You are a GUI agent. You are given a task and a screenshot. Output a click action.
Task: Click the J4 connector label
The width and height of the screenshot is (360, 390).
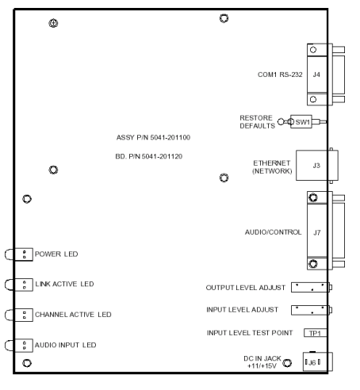click(x=316, y=75)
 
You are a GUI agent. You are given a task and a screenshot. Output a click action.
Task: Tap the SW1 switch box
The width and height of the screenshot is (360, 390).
click(x=301, y=122)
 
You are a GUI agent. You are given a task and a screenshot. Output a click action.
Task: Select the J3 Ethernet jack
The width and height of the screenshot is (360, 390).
click(x=317, y=166)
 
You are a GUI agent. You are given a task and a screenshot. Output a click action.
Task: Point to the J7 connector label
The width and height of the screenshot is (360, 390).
click(x=317, y=232)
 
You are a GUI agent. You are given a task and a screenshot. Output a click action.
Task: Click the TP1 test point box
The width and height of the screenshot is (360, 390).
click(x=316, y=333)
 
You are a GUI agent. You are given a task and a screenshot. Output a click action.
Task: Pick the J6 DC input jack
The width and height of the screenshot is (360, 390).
click(x=317, y=361)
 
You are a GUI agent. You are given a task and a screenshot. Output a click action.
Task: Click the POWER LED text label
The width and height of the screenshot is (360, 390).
click(x=56, y=254)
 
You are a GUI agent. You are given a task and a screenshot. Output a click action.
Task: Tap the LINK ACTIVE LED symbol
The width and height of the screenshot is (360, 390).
click(x=19, y=285)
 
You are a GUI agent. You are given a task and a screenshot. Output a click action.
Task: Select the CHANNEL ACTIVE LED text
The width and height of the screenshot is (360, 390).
click(x=73, y=315)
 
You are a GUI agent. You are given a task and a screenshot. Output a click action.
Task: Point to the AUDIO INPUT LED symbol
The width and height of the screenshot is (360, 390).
click(x=19, y=346)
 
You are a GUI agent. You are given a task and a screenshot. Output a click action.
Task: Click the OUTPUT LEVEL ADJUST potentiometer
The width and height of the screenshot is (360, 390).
click(x=312, y=287)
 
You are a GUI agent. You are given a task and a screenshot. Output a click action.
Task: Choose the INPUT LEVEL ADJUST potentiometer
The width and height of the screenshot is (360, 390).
click(x=312, y=310)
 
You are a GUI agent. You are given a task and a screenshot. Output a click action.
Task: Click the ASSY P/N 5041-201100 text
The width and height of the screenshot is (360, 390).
click(x=153, y=137)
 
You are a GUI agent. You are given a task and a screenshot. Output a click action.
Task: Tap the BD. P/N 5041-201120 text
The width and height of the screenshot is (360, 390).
click(x=149, y=156)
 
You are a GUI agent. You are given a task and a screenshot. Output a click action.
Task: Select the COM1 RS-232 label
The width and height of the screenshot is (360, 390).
click(x=280, y=75)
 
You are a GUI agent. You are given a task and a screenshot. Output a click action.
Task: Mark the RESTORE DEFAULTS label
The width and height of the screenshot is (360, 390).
click(x=258, y=122)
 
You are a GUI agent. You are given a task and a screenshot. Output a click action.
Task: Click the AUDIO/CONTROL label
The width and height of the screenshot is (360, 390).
click(x=273, y=232)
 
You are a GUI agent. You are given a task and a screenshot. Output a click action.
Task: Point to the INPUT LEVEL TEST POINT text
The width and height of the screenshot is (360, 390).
click(x=250, y=333)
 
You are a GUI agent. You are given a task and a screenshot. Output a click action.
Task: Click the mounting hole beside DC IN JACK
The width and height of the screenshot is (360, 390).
click(x=287, y=363)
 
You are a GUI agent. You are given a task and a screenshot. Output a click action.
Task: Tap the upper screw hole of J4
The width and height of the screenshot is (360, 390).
click(x=313, y=50)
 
